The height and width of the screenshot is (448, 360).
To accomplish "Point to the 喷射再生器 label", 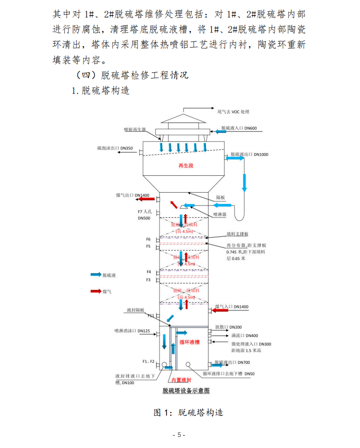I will click(x=134, y=130).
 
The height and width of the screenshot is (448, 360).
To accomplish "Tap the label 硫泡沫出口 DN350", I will click(x=114, y=149).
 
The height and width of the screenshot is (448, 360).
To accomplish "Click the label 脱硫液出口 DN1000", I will click(x=249, y=155).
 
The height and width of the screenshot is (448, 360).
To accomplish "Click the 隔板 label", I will click(x=220, y=197).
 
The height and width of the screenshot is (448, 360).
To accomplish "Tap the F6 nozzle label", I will click(x=148, y=239).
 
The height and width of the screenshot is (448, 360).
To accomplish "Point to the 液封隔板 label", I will click(x=136, y=310).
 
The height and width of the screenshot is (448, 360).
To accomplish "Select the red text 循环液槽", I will click(x=189, y=342).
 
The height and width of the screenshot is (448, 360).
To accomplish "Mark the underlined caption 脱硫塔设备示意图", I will click(x=186, y=391).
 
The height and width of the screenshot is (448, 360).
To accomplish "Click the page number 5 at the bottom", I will click(x=179, y=435).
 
